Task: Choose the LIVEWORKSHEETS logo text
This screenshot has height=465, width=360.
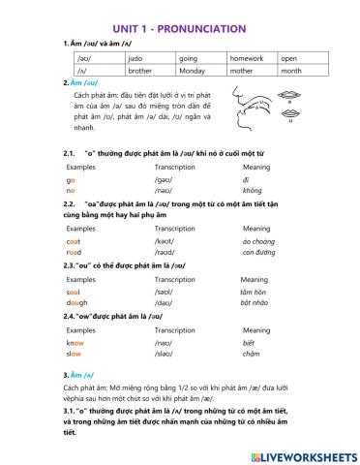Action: (x=303, y=453)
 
